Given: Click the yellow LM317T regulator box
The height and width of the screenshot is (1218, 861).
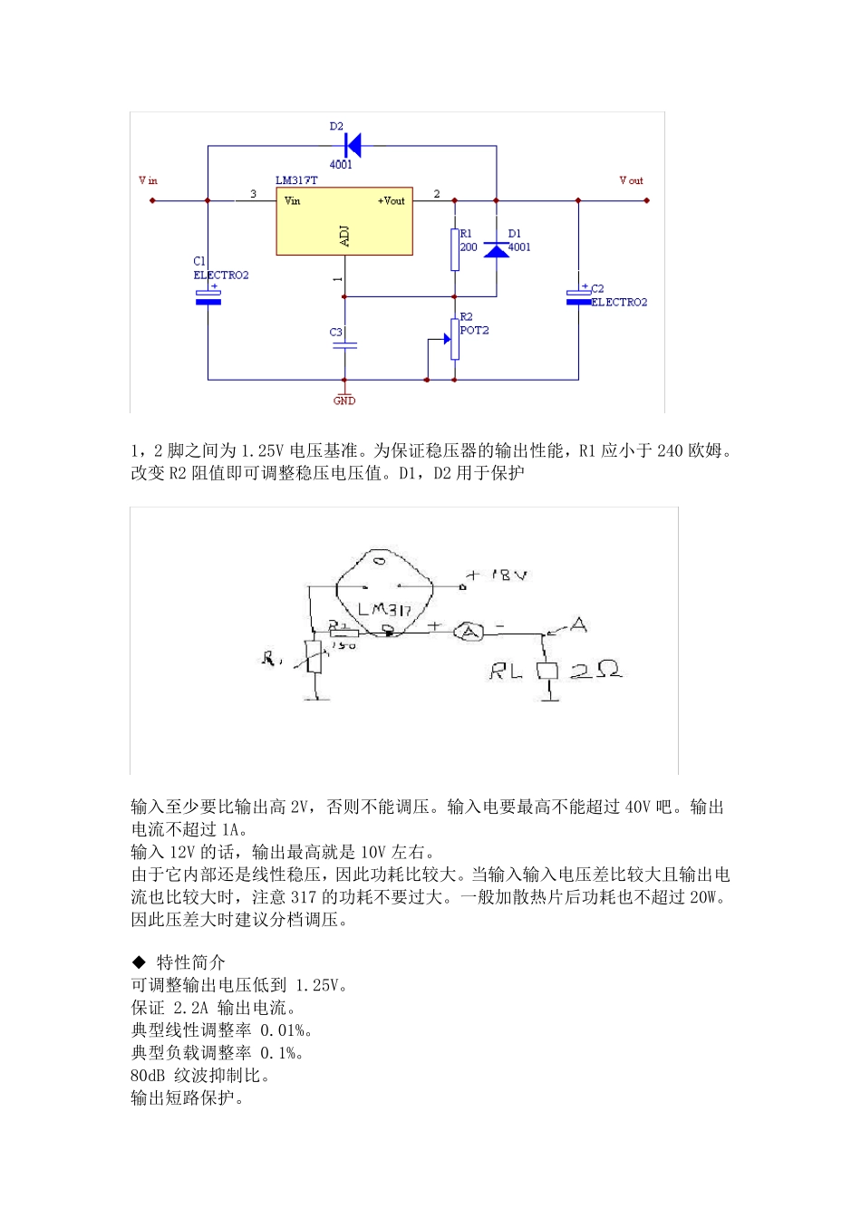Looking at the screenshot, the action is pyautogui.click(x=344, y=223).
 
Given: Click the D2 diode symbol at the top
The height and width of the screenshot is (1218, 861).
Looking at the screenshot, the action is pyautogui.click(x=353, y=145).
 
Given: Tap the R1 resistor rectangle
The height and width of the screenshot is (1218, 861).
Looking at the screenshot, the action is pyautogui.click(x=455, y=249).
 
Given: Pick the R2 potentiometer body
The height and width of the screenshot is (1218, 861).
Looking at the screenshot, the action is pyautogui.click(x=454, y=339).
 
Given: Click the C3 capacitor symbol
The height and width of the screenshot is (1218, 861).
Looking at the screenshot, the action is pyautogui.click(x=344, y=345).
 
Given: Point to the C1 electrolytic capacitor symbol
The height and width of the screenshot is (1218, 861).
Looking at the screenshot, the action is pyautogui.click(x=208, y=296).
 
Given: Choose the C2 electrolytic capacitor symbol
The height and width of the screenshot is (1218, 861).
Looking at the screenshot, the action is pyautogui.click(x=578, y=296).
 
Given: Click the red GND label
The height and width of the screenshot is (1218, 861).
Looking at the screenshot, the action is pyautogui.click(x=344, y=401).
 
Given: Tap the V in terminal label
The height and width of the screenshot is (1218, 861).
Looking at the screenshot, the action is pyautogui.click(x=148, y=180).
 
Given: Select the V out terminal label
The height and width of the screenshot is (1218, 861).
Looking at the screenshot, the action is pyautogui.click(x=631, y=180).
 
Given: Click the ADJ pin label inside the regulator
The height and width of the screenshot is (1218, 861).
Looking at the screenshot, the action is pyautogui.click(x=344, y=237).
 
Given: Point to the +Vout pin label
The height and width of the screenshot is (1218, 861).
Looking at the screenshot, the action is pyautogui.click(x=392, y=201).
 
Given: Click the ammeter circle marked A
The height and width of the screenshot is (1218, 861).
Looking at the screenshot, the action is pyautogui.click(x=468, y=631).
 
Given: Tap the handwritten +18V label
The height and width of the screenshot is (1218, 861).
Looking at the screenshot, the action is pyautogui.click(x=498, y=575).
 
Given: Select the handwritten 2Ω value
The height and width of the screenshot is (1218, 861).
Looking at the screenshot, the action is pyautogui.click(x=595, y=670).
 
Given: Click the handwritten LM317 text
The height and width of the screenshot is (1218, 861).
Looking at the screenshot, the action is pyautogui.click(x=384, y=609).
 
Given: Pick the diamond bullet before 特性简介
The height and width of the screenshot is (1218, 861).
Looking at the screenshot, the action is pyautogui.click(x=139, y=962).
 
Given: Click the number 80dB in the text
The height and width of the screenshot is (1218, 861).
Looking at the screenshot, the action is pyautogui.click(x=148, y=1076).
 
